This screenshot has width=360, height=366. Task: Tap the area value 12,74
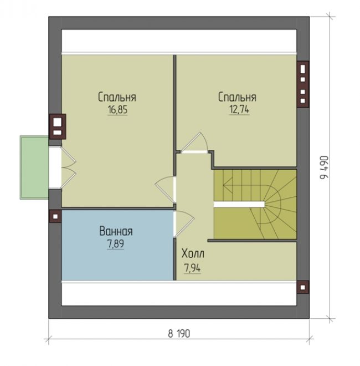[239, 109]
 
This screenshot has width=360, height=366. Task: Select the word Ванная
[116, 231]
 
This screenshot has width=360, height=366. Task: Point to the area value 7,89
[115, 244]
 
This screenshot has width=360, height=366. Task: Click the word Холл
[193, 254]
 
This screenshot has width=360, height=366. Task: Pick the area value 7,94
[192, 268]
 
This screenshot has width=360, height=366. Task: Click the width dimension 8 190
[179, 334]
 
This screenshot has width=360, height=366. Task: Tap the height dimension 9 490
[323, 167]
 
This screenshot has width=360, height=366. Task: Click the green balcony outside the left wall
[34, 167]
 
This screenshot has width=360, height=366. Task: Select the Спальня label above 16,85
[117, 97]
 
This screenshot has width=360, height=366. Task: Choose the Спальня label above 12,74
[237, 97]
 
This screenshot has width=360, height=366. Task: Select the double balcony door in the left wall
[62, 167]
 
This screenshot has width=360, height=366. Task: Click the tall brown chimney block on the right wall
[302, 84]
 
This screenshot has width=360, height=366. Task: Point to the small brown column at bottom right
[302, 287]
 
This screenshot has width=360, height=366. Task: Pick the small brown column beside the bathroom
[55, 216]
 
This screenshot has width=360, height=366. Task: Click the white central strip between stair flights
[239, 205]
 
